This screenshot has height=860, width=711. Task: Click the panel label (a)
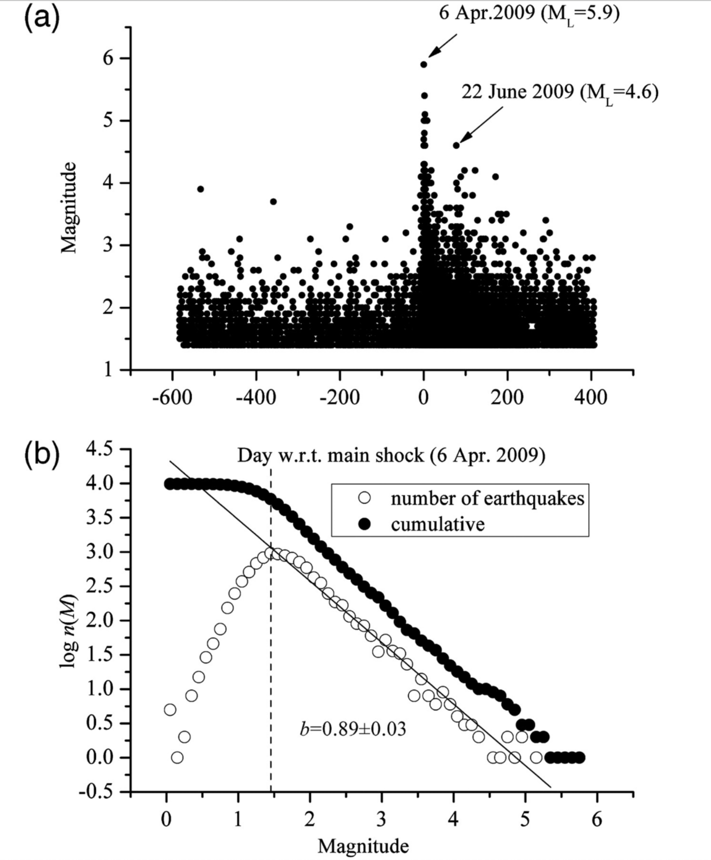tap(42, 19)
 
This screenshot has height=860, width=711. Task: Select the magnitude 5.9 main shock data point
tap(424, 64)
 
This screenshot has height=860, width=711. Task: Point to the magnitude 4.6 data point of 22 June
tap(456, 145)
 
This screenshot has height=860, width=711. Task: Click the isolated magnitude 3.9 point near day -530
tap(201, 189)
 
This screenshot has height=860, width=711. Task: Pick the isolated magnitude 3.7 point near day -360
tap(273, 202)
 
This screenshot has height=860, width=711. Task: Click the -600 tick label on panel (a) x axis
tap(172, 397)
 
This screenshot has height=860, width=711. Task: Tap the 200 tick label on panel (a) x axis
tap(507, 397)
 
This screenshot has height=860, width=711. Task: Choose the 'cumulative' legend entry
tap(437, 524)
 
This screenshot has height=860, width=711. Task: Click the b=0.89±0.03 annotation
tap(353, 729)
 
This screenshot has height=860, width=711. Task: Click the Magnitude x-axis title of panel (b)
tap(363, 846)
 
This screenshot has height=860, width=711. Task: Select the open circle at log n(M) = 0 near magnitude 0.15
tap(177, 757)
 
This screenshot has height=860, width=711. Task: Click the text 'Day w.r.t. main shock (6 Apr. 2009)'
tap(391, 455)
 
